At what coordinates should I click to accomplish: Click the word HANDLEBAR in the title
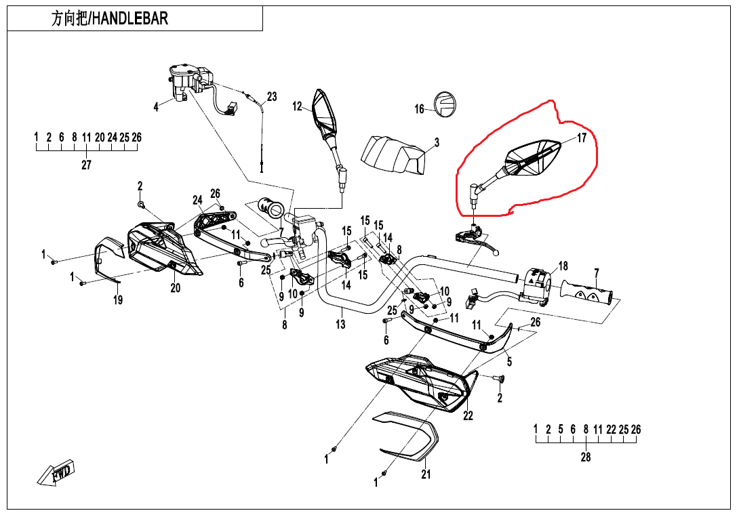(130, 18)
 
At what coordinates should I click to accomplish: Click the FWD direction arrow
(56, 474)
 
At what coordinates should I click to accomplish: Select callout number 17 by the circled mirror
(582, 138)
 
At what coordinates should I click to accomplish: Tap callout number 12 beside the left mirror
(297, 106)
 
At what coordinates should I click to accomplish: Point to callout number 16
(420, 109)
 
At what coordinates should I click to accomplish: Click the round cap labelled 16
(445, 104)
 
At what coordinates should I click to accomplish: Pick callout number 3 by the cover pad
(437, 143)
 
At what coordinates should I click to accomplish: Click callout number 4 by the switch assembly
(156, 107)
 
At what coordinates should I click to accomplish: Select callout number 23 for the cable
(272, 97)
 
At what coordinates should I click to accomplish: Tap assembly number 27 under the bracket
(86, 165)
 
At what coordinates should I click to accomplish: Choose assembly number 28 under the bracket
(586, 457)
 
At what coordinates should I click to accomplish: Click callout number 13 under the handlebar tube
(340, 325)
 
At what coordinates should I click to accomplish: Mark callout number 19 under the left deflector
(118, 300)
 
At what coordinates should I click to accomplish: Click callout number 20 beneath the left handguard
(176, 287)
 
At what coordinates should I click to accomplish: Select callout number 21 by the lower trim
(426, 474)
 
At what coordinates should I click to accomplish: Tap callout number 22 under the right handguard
(468, 415)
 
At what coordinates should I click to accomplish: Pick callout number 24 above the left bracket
(198, 200)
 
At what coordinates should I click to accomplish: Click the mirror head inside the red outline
(533, 158)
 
